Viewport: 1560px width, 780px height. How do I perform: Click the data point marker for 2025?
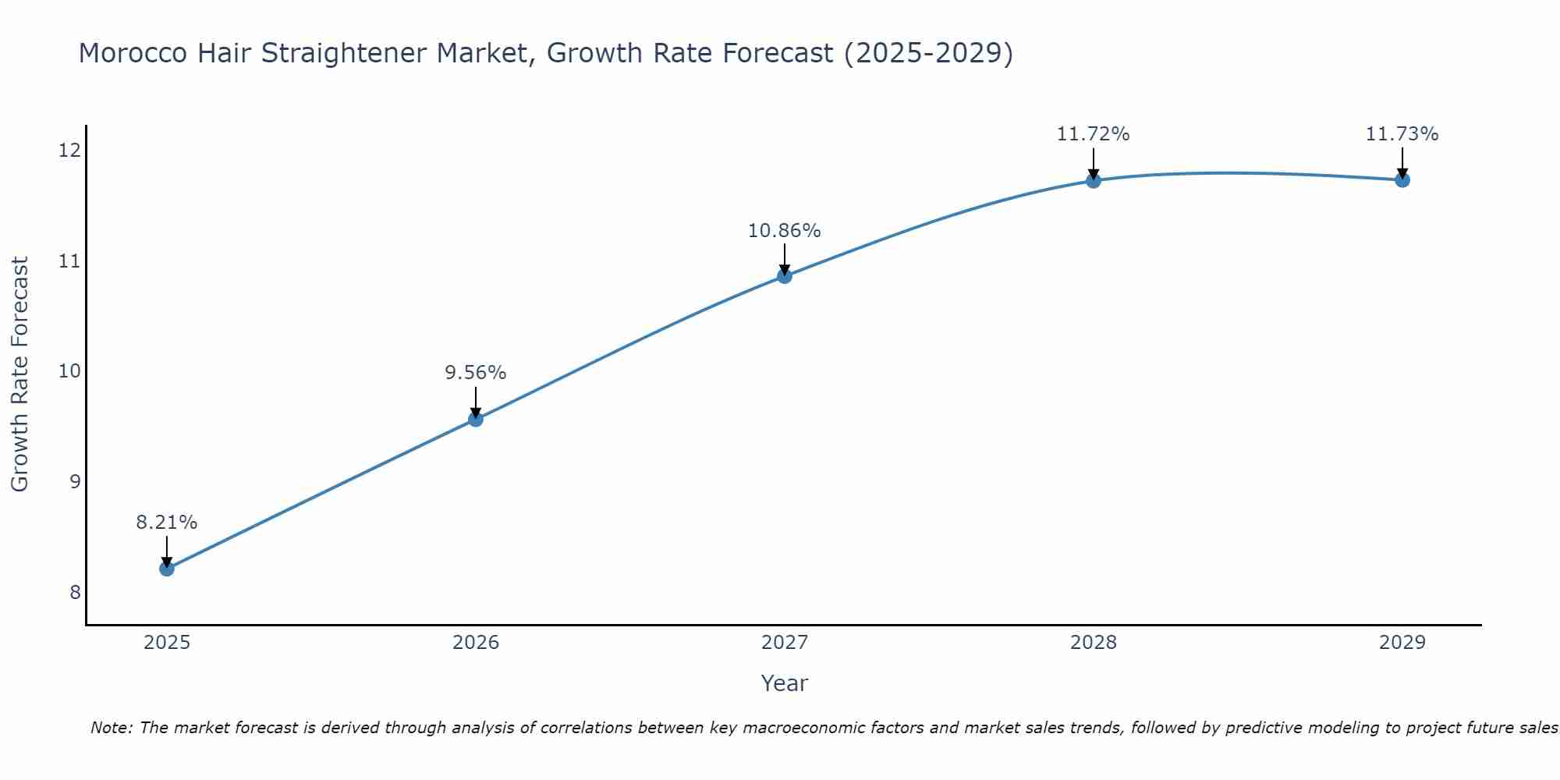click(x=167, y=569)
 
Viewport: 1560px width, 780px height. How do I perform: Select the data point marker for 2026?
click(x=476, y=420)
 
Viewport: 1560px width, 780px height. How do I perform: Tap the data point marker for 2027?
click(x=785, y=276)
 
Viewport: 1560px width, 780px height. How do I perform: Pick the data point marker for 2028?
click(x=1094, y=181)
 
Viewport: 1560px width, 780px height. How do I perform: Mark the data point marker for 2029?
click(x=1402, y=180)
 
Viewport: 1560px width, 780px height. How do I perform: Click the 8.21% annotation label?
click(x=167, y=523)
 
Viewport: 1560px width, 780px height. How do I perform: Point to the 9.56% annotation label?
click(x=476, y=373)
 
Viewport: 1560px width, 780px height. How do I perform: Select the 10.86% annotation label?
click(x=785, y=231)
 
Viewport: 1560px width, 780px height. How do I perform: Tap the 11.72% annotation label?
click(x=1094, y=134)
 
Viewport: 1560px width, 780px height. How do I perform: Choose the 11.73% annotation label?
click(x=1402, y=134)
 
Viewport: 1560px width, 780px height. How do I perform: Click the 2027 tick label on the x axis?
click(x=785, y=643)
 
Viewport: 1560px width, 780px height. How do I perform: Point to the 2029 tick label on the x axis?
click(x=1402, y=643)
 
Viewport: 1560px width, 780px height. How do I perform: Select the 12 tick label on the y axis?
click(x=69, y=150)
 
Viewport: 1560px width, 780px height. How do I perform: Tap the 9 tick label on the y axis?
click(x=75, y=481)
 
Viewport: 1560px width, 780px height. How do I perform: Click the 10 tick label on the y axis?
click(x=69, y=370)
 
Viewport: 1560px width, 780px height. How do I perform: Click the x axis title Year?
click(x=785, y=683)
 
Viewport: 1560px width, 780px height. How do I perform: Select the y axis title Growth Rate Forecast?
click(x=20, y=374)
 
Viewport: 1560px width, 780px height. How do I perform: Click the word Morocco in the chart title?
click(x=133, y=53)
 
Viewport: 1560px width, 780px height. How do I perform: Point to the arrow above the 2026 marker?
click(x=476, y=402)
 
